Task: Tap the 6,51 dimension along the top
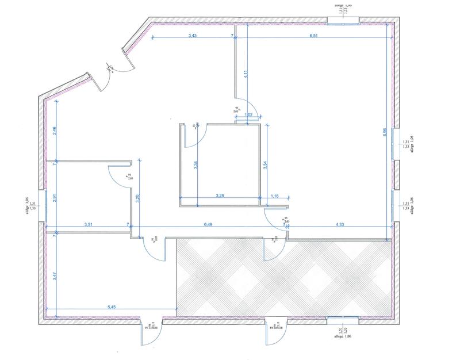[314, 36]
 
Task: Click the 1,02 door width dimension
[249, 115]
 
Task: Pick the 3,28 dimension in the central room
[220, 196]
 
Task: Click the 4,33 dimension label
[338, 224]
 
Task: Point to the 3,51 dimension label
[89, 224]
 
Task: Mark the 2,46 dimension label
[55, 130]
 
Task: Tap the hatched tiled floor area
[282, 276]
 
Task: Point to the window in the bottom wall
[342, 318]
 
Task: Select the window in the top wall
[343, 21]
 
